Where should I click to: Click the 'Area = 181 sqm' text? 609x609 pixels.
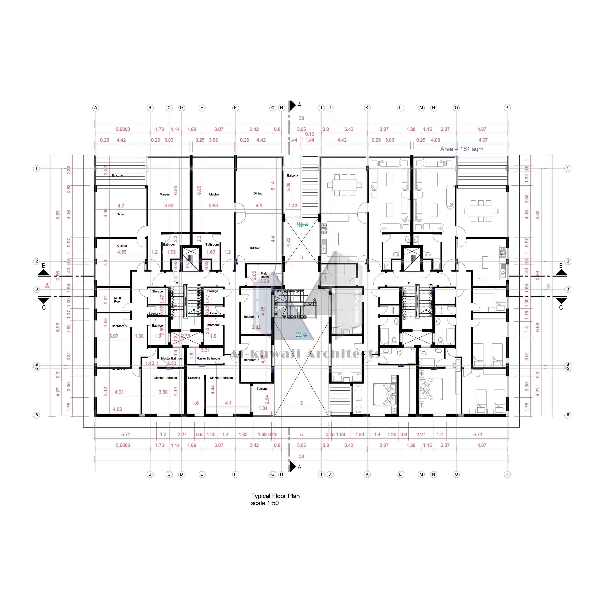pos(461,149)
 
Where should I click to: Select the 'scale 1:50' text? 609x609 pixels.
pos(265,503)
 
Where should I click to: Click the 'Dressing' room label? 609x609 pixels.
pos(194,378)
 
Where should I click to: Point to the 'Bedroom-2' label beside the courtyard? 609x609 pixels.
pos(251,360)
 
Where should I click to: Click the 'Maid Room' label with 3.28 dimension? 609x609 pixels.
pos(264,275)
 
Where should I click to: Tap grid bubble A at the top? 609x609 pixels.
pos(96,108)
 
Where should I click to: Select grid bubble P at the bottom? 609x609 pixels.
pos(507,474)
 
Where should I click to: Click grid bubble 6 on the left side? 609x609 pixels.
pos(37,415)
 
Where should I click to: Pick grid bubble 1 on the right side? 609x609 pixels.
pos(568,168)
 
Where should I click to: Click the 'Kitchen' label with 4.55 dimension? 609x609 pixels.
pos(122,246)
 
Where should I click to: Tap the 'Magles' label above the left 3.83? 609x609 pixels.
pos(165,194)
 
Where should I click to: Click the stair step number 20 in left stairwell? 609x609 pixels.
pos(199,285)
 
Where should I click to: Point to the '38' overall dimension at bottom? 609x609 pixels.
pos(301,456)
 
